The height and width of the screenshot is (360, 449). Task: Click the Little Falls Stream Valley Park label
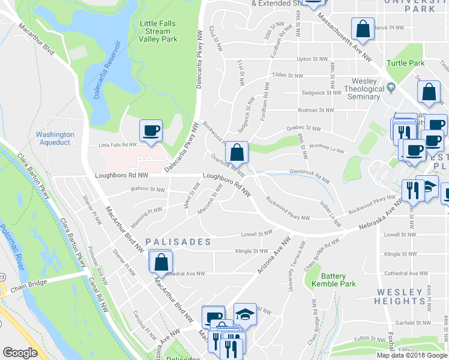point(158,31)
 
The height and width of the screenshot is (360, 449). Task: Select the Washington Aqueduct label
point(55,139)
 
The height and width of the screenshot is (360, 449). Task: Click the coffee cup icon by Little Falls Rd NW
point(151,131)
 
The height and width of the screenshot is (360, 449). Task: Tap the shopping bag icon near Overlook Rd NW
point(238,152)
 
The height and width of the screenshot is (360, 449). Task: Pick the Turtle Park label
point(405,63)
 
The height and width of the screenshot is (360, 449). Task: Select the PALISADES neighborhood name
point(178,242)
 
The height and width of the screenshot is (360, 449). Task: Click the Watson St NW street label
point(148,190)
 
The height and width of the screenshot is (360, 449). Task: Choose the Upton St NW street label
point(312,59)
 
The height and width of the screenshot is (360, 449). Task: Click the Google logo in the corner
point(20,353)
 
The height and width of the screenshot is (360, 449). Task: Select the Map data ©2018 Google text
point(412,355)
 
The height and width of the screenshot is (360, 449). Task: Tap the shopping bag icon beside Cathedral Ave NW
point(161,262)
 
